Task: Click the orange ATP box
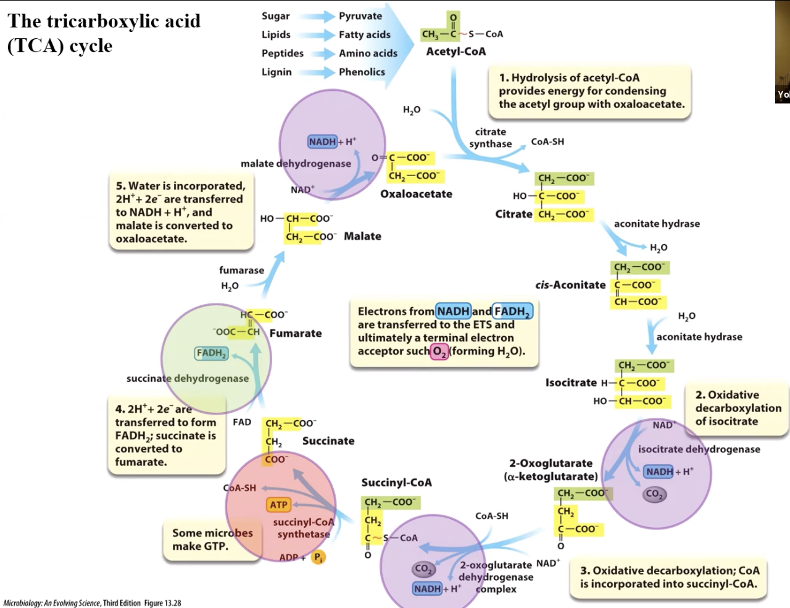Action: tap(278, 505)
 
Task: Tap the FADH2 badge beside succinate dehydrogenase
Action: tap(211, 353)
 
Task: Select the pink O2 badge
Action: tap(439, 352)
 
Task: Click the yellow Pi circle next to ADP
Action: tap(318, 557)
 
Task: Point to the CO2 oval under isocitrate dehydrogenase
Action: tap(655, 494)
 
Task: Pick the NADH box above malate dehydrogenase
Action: tap(322, 141)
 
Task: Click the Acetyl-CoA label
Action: tap(456, 51)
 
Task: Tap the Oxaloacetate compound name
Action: tap(416, 194)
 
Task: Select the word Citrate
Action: tap(513, 214)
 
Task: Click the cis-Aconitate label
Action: tap(570, 285)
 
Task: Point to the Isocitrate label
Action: tap(571, 382)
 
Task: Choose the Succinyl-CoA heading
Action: tap(397, 483)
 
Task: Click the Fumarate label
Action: tap(296, 333)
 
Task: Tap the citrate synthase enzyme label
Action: tap(491, 138)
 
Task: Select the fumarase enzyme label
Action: tap(241, 271)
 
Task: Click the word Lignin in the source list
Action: tap(276, 72)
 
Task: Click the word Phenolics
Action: tap(362, 72)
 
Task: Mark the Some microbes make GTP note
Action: tap(212, 539)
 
